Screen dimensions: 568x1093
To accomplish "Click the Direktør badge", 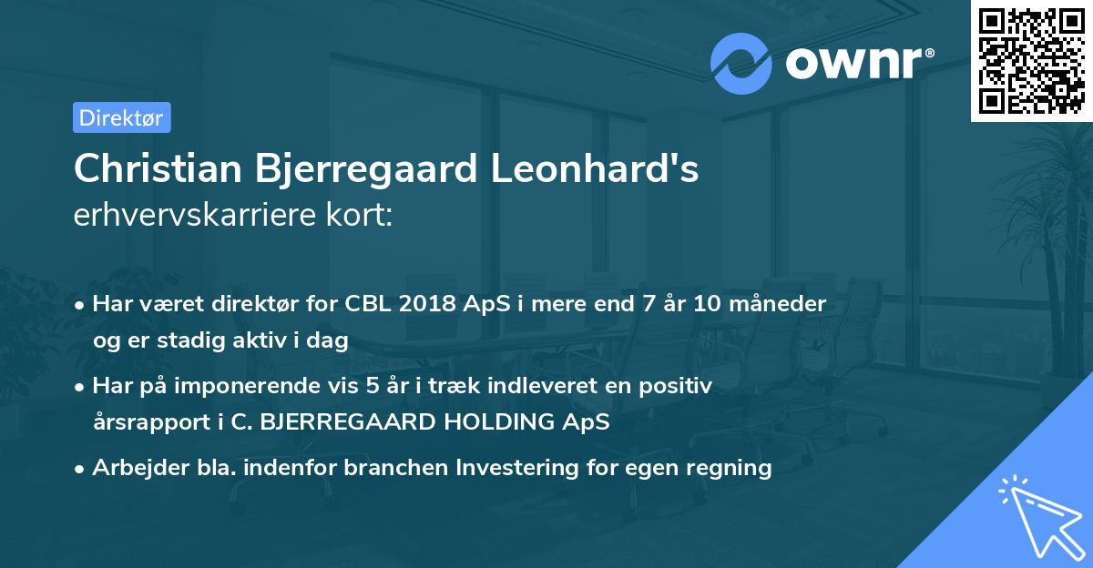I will (121, 117).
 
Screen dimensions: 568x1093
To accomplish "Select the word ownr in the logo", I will (856, 64).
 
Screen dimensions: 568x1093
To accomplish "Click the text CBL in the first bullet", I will (367, 304).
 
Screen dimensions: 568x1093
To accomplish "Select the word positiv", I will (678, 386).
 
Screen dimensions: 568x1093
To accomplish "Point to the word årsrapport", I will (138, 422).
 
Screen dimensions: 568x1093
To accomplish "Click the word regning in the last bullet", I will (733, 468).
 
